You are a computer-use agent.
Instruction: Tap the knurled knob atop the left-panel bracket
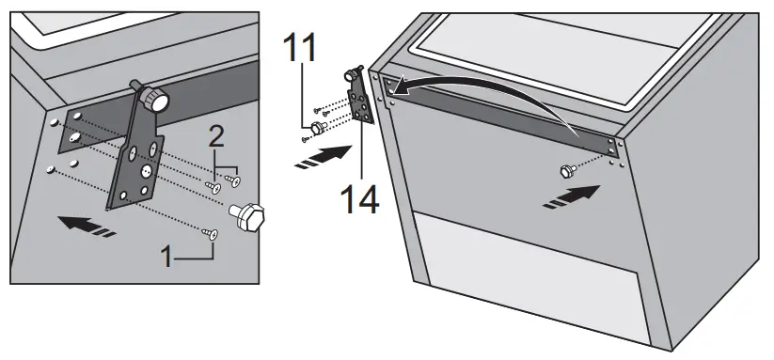tap(153, 98)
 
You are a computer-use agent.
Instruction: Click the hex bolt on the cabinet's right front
tap(567, 171)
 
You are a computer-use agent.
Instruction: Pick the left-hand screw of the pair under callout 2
tap(213, 186)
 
